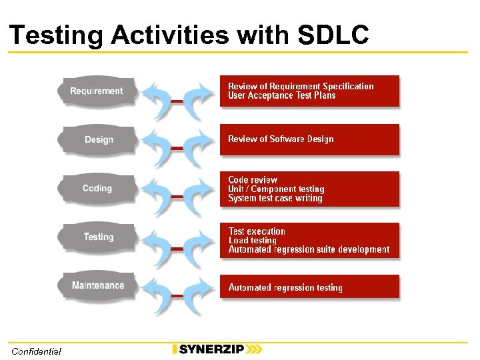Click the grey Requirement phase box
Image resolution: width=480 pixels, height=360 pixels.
[x=97, y=91]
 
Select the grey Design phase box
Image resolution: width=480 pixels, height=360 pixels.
[x=99, y=139]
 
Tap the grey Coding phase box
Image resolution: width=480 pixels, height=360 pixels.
[x=97, y=188]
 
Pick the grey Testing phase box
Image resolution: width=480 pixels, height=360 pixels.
[x=99, y=237]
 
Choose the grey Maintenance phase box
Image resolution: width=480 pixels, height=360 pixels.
[x=98, y=285]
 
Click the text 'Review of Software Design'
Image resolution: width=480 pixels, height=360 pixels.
[x=281, y=139]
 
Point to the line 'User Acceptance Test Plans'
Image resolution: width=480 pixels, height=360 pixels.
[x=281, y=96]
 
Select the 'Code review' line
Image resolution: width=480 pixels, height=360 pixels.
[x=253, y=180]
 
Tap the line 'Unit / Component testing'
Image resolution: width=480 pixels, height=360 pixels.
[x=276, y=189]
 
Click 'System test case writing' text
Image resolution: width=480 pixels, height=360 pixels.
[x=275, y=199]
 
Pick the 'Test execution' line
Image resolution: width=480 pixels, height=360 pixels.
[x=257, y=231]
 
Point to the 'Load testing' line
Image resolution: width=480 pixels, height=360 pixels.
[x=252, y=241]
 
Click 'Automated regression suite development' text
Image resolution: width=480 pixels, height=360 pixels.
[x=309, y=250]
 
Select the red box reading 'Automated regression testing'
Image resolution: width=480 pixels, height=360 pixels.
[x=310, y=287]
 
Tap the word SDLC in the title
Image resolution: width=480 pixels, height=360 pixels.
[x=333, y=35]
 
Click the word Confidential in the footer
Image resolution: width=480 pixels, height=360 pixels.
[x=36, y=351]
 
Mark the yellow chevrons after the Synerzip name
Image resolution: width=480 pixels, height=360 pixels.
[x=253, y=349]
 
